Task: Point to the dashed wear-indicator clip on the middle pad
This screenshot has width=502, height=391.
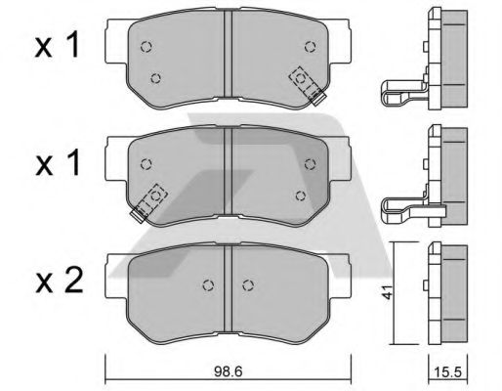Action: coord(151,200)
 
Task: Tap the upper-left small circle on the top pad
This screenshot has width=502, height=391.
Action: coord(146,46)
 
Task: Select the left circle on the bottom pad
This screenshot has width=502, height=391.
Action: coord(207,285)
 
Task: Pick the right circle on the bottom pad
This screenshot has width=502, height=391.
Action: coord(249,285)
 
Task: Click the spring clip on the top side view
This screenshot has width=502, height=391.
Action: coord(400,94)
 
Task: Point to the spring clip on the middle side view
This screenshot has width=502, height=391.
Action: coord(400,207)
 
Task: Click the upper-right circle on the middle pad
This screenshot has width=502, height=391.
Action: coord(312,162)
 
